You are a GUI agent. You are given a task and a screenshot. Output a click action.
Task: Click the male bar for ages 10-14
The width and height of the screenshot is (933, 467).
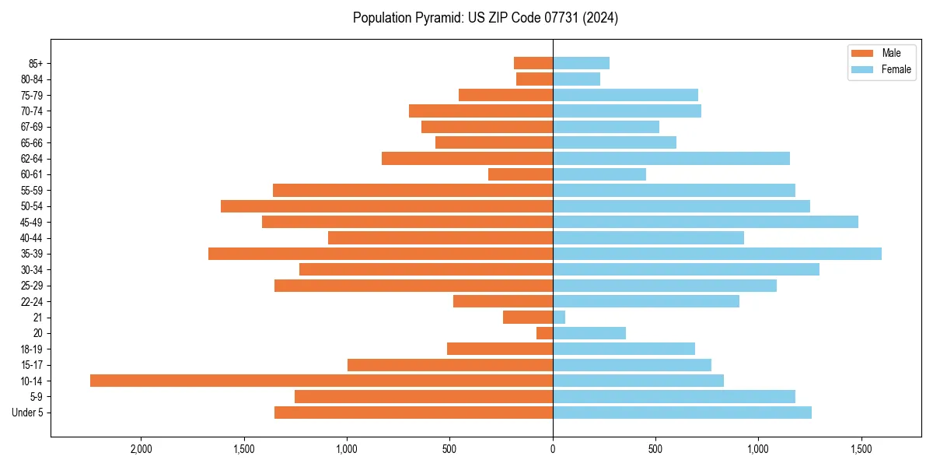321,381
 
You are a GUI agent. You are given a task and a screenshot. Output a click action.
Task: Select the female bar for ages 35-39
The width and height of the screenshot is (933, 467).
717,254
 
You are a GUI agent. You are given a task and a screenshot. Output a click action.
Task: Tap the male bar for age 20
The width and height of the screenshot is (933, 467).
544,333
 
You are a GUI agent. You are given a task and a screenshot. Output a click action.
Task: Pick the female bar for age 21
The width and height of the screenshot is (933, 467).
559,317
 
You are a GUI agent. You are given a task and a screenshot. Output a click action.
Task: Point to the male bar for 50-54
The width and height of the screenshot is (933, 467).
386,206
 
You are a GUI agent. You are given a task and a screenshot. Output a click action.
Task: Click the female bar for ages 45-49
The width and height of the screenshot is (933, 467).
705,222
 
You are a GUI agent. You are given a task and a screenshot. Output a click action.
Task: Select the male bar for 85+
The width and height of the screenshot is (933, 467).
533,63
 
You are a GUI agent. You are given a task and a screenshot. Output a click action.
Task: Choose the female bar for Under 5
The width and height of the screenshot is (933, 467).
682,413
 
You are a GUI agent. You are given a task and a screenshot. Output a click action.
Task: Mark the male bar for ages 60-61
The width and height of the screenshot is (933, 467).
520,174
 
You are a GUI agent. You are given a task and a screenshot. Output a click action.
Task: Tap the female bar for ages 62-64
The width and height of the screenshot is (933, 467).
671,159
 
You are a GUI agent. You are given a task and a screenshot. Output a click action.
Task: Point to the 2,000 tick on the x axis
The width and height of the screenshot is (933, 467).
141,449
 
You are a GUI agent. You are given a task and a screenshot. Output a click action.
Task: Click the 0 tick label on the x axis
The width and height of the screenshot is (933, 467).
553,449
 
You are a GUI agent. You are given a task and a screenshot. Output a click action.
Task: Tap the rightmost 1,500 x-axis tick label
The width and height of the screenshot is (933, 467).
861,449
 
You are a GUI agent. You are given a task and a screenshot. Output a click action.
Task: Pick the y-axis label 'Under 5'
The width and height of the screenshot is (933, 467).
27,413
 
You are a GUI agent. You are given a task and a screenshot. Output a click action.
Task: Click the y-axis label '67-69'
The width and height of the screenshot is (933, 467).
32,127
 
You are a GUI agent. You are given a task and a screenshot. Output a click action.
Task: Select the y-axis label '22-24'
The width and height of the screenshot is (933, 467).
32,301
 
